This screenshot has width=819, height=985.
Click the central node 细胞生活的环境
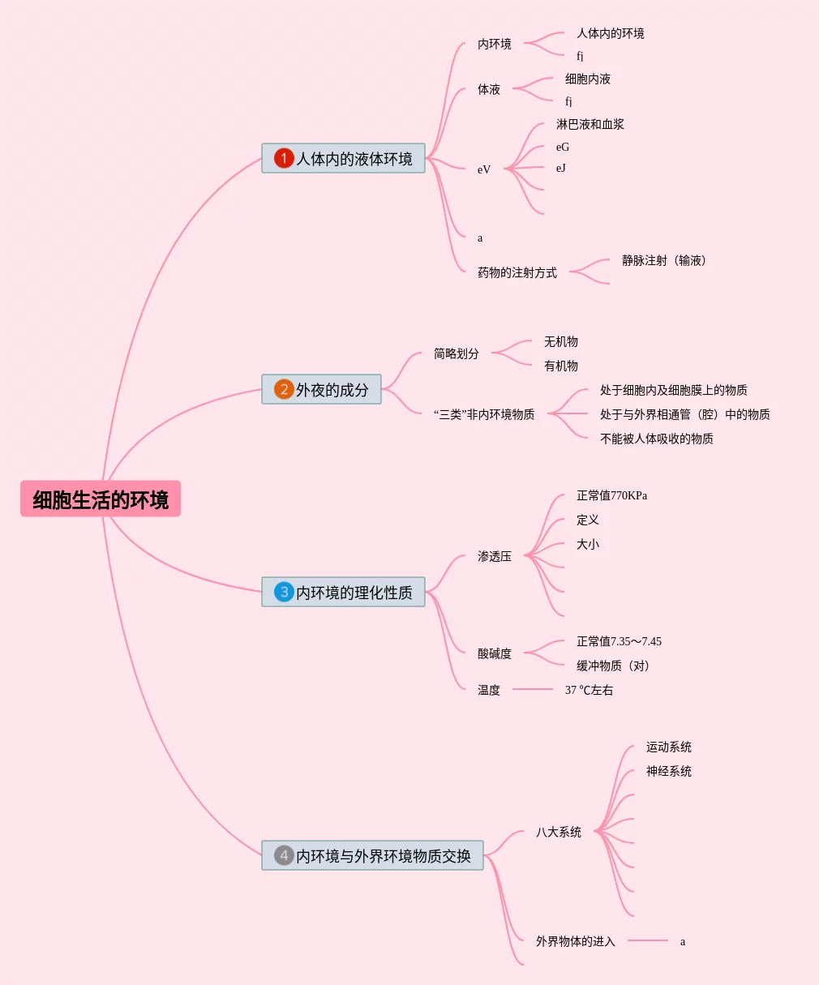point(101,499)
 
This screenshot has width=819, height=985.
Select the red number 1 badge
point(283,158)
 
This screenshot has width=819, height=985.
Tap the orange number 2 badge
point(283,389)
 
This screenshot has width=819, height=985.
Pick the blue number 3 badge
point(283,592)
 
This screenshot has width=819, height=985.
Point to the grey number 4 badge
point(283,855)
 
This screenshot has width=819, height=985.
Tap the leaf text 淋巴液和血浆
point(590,124)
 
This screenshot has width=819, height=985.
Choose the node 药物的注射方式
point(517,272)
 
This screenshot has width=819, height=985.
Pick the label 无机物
point(561,341)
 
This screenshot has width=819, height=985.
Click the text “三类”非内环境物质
point(484,414)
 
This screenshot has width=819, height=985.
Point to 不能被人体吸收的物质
point(657,439)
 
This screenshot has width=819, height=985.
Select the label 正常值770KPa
point(611,495)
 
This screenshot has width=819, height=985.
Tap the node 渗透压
point(495,556)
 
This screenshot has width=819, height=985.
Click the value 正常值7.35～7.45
point(619,641)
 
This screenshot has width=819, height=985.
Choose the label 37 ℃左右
point(589,690)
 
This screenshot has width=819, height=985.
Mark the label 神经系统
point(669,771)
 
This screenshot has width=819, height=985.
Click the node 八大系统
point(559,832)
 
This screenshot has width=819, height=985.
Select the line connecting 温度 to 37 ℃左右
point(533,689)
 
